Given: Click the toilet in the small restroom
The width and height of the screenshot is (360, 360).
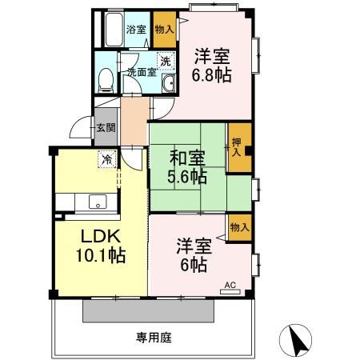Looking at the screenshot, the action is (x=106, y=80).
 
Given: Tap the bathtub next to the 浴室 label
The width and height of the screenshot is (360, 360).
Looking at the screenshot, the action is (x=114, y=30).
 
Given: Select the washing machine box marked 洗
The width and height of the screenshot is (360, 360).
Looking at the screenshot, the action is (x=166, y=61).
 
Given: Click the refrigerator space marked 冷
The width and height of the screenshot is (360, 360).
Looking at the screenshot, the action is (x=107, y=159).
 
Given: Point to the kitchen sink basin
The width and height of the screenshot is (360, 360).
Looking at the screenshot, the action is (x=98, y=202).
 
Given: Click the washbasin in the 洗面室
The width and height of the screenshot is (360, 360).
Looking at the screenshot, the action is (x=169, y=83).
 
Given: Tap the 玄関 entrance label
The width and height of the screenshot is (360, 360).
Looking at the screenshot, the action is (x=106, y=127).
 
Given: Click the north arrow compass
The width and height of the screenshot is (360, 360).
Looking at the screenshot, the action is (x=295, y=340).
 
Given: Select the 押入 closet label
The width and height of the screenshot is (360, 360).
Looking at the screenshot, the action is (x=236, y=147).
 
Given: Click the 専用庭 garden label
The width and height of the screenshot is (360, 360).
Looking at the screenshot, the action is (x=154, y=338).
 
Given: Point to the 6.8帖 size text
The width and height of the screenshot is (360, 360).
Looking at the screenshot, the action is (x=211, y=75).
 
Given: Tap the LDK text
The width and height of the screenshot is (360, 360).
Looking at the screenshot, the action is (x=101, y=236).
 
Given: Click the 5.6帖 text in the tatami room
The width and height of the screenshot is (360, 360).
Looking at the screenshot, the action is (x=187, y=176).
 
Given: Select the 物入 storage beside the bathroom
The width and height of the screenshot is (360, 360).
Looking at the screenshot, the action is (x=165, y=30).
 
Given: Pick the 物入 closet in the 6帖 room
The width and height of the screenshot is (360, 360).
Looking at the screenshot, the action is (x=240, y=227).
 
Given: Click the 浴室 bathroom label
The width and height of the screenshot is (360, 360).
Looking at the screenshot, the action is (x=136, y=30).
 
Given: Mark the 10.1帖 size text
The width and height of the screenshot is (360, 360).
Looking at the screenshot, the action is (x=101, y=255).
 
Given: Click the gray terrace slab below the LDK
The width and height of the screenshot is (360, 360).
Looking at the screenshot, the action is (x=148, y=310).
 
